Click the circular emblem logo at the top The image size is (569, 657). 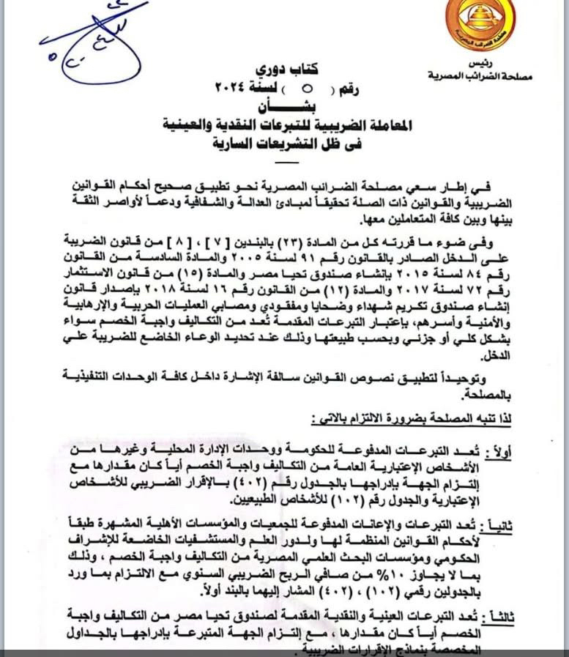tap(480, 25)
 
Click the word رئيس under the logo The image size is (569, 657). tap(482, 63)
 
